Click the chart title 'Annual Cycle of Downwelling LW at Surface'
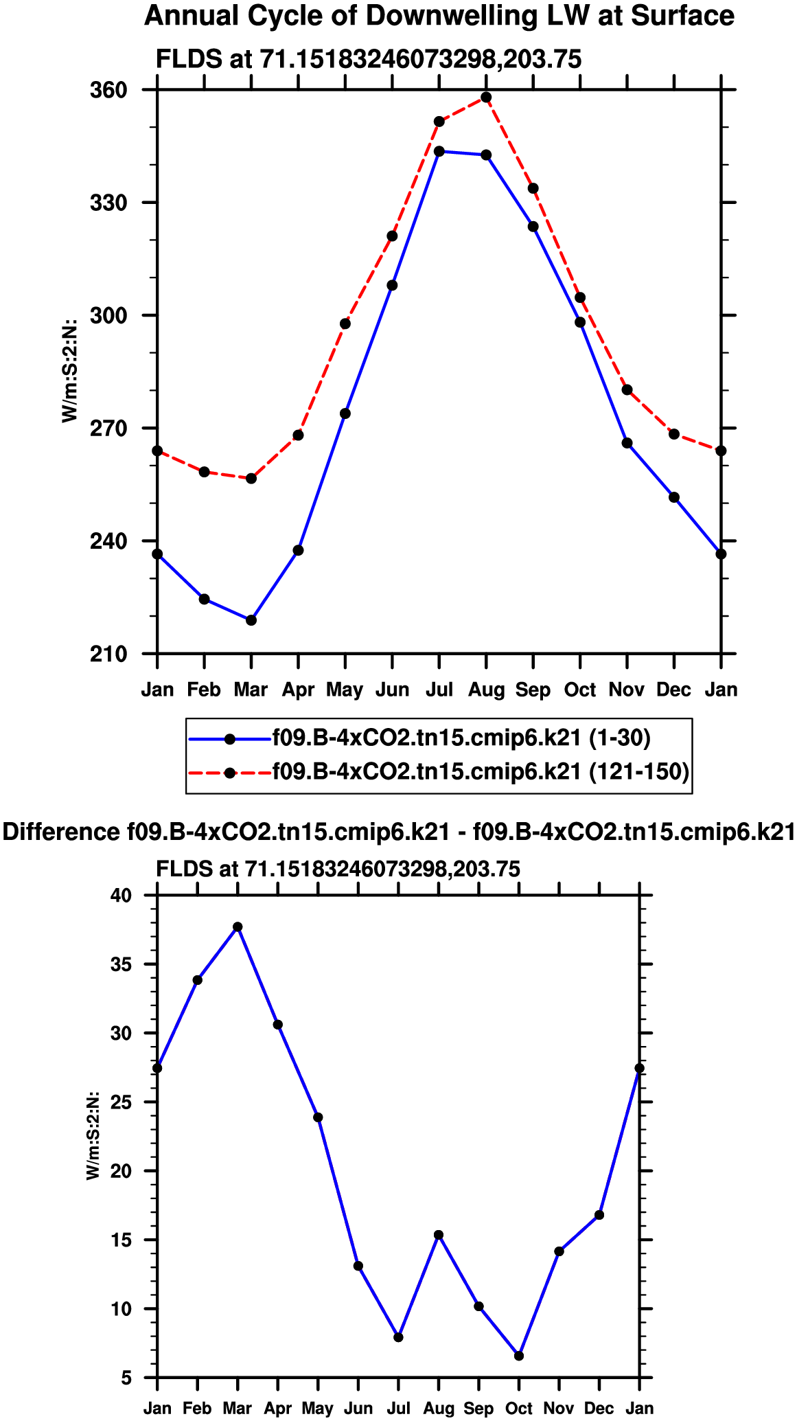(439, 16)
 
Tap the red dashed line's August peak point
(486, 98)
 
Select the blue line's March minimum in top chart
(251, 620)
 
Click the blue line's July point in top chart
(439, 151)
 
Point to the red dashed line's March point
(251, 478)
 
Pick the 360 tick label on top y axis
(109, 90)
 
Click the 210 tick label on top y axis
(109, 654)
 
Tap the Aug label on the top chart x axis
(486, 690)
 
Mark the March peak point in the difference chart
(238, 927)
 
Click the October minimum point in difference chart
(519, 1356)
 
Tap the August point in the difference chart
(439, 1235)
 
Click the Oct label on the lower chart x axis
(519, 1409)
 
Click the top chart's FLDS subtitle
(369, 60)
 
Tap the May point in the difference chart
(318, 1117)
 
